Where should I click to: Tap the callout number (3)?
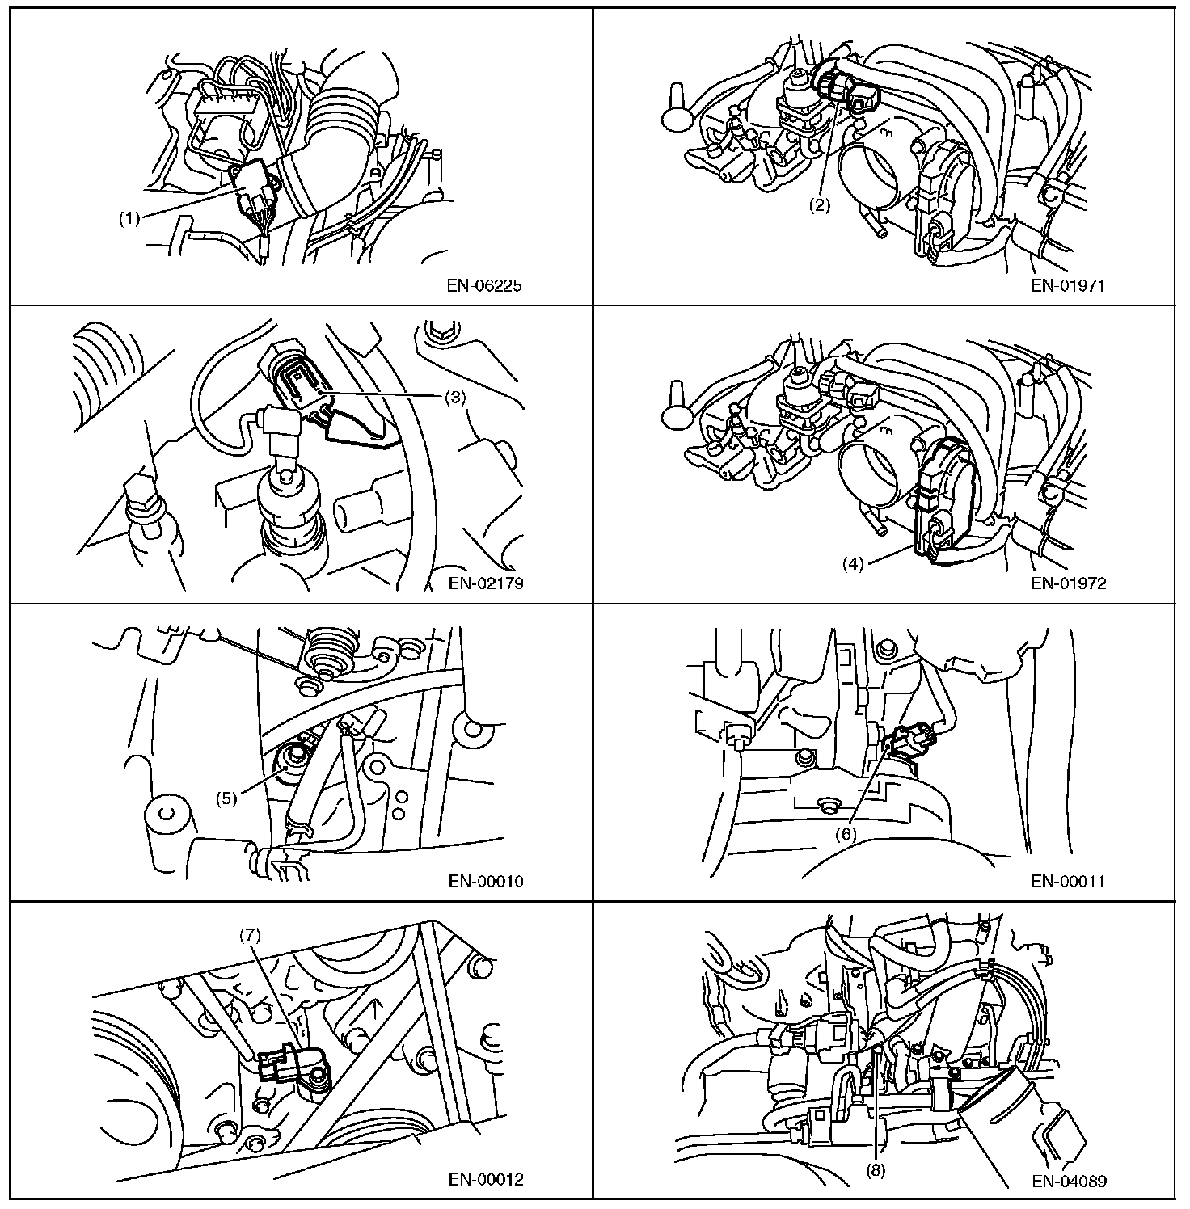click(456, 398)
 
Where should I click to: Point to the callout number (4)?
click(853, 563)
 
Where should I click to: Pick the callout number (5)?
click(227, 798)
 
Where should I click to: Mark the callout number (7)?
click(250, 935)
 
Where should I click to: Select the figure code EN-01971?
click(1069, 285)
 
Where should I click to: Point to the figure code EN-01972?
click(1069, 583)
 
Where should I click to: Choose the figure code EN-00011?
click(1069, 882)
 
